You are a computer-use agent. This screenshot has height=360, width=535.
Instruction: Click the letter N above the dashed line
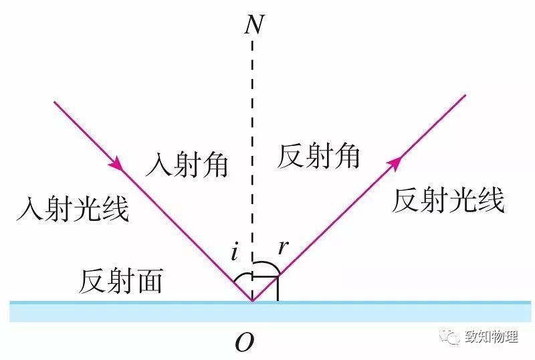pyautogui.click(x=255, y=24)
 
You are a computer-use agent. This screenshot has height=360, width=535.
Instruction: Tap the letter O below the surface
pyautogui.click(x=245, y=342)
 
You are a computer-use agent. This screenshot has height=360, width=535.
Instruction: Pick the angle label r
pyautogui.click(x=283, y=247)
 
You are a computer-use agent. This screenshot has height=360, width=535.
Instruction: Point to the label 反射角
pyautogui.click(x=318, y=156)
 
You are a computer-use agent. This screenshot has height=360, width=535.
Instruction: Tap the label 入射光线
pyautogui.click(x=73, y=209)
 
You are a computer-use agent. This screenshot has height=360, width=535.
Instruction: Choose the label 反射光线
pyautogui.click(x=448, y=201)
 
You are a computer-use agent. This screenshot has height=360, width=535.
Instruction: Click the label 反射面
pyautogui.click(x=121, y=281)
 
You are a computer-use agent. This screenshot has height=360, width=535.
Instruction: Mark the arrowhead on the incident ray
pyautogui.click(x=116, y=163)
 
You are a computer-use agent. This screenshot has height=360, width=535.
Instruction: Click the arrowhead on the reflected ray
pyautogui.click(x=395, y=163)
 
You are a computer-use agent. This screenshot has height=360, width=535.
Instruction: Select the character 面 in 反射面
pyautogui.click(x=149, y=281)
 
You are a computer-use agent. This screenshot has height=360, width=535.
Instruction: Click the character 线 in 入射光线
pyautogui.click(x=115, y=209)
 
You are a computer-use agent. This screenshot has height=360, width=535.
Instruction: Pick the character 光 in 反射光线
pyautogui.click(x=462, y=201)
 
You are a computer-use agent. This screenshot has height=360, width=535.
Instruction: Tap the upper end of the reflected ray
pyautogui.click(x=465, y=95)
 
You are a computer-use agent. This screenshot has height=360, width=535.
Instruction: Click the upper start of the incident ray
pyautogui.click(x=54, y=102)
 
